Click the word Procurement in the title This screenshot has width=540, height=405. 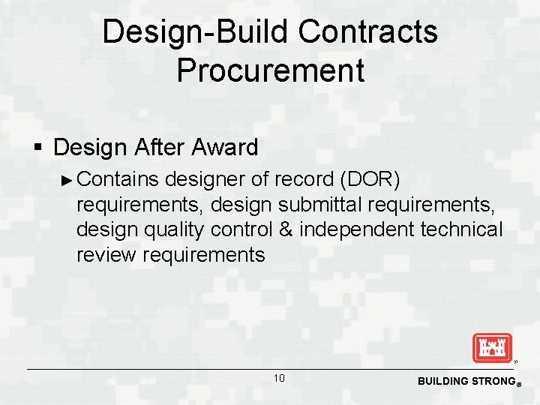click(x=270, y=70)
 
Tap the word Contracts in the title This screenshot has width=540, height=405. click(x=367, y=31)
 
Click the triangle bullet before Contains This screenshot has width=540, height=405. click(x=67, y=180)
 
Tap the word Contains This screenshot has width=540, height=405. click(x=118, y=180)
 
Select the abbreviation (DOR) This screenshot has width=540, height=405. click(x=370, y=180)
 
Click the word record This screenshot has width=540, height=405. click(x=303, y=180)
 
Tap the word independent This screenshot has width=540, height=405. click(x=356, y=229)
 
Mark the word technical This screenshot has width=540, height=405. click(x=461, y=229)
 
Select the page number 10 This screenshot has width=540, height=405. click(x=278, y=379)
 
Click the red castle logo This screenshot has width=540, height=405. click(x=491, y=348)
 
